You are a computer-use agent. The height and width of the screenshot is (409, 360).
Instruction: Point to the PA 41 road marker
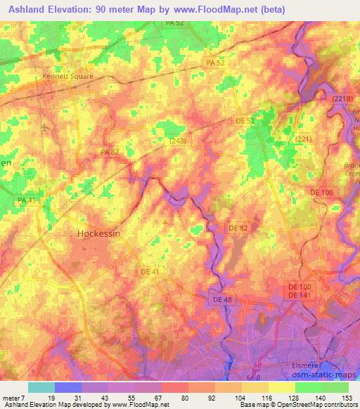[26, 201]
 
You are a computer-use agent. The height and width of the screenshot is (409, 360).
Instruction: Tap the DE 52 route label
[245, 121]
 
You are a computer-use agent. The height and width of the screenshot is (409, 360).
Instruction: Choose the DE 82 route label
[238, 228]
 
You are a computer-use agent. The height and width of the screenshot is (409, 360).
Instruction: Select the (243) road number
[177, 141]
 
